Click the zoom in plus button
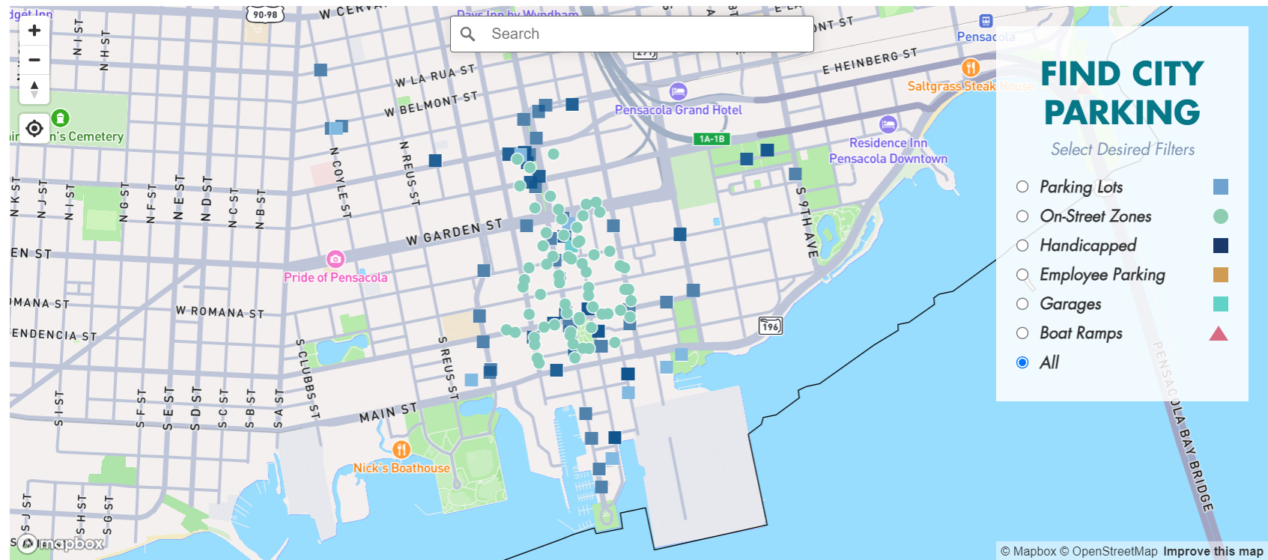pos(34,31)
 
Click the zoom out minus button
pos(34,60)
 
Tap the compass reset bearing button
pos(34,89)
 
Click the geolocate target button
pos(34,129)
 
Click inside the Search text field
pos(644,34)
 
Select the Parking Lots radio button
pos(1022,186)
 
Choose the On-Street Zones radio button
pos(1022,216)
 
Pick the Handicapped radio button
pos(1022,246)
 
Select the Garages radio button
pos(1022,304)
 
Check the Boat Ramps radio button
pos(1022,333)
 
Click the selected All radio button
pos(1022,362)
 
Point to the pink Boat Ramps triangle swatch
pos(1219,334)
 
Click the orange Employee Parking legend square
pos(1220,275)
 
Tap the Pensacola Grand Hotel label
pos(678,110)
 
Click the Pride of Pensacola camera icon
pos(336,259)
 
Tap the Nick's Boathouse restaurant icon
pos(401,450)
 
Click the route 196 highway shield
pos(771,326)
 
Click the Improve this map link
pos(1213,552)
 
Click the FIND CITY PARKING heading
pos(1122,93)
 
